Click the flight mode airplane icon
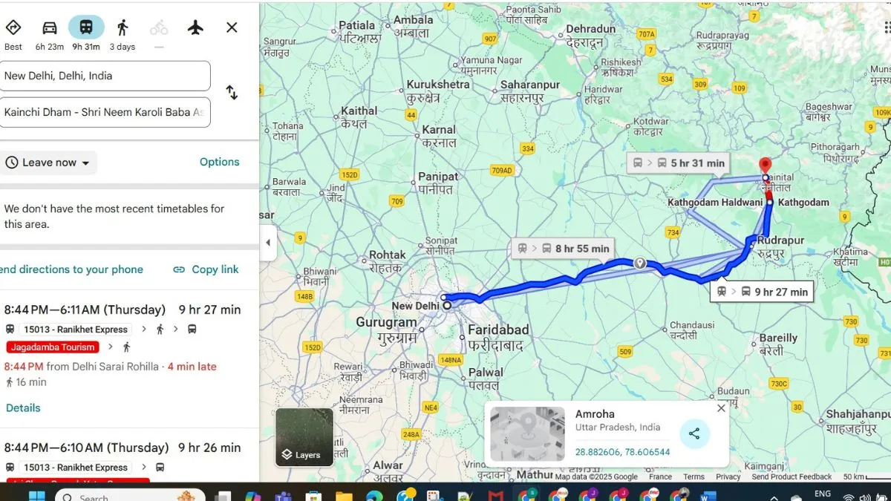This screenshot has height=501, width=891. point(195,28)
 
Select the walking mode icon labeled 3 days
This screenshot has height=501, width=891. point(123,28)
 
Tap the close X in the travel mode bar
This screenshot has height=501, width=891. point(232,28)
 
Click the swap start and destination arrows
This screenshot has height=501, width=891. point(232,93)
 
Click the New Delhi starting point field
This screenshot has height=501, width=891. point(105,76)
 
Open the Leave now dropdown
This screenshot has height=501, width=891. point(49,163)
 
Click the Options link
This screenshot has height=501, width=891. point(219,162)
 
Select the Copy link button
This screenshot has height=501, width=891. point(206,269)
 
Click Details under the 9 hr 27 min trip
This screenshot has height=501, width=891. point(23,407)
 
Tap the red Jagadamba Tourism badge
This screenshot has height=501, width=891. point(53,347)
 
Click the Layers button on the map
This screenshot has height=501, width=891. point(304,438)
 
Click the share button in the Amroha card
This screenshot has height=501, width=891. point(694,434)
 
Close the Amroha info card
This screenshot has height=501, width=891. point(721,408)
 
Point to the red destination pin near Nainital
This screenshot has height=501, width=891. point(765,166)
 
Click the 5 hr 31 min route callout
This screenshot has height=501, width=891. point(677,163)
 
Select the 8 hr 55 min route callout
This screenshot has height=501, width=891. point(564,249)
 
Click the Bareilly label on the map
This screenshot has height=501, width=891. point(778,338)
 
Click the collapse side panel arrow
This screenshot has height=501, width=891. point(268,243)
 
